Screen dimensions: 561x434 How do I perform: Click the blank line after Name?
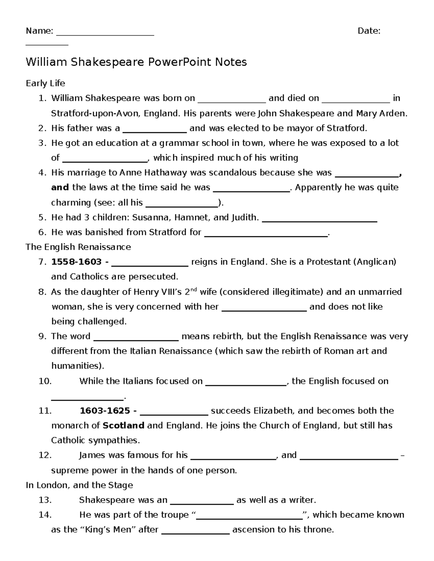click(x=105, y=33)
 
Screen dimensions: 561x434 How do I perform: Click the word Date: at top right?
click(x=369, y=31)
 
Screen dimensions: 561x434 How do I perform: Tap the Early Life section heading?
click(x=45, y=83)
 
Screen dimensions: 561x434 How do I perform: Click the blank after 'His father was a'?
click(x=155, y=130)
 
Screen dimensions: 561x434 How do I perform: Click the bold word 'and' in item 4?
click(x=60, y=187)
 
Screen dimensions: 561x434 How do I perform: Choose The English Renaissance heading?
click(x=78, y=247)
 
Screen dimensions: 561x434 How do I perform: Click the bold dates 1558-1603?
click(x=77, y=262)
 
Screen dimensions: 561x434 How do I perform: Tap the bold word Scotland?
click(x=123, y=426)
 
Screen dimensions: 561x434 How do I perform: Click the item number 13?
click(x=45, y=500)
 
